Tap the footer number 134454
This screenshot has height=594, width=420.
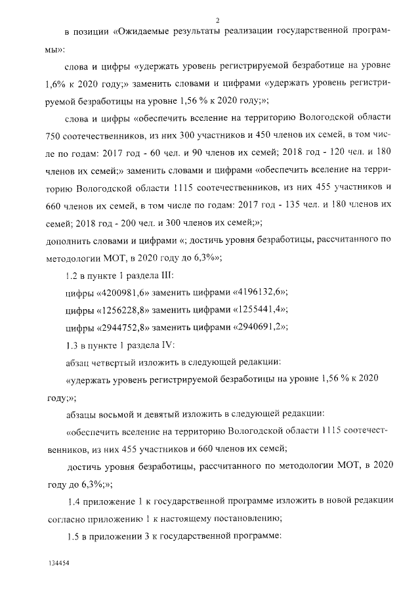(58, 564)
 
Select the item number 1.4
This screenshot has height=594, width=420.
(76, 501)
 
